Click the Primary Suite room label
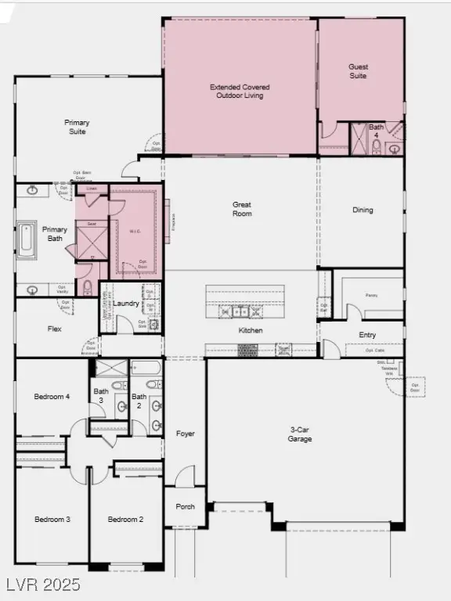click(x=77, y=127)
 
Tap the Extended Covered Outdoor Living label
click(x=236, y=91)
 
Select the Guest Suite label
click(x=359, y=72)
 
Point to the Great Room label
click(x=242, y=209)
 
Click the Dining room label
click(x=363, y=210)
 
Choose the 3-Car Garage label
click(x=300, y=434)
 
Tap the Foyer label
click(x=186, y=434)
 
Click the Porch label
click(x=186, y=506)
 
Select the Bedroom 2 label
click(x=125, y=520)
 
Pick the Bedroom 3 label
click(x=52, y=520)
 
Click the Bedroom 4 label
click(x=52, y=397)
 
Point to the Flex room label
click(x=55, y=329)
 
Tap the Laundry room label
click(x=126, y=304)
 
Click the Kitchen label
click(x=251, y=330)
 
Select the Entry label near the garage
click(x=367, y=335)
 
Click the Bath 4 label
click(x=377, y=131)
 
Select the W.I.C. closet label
click(x=135, y=232)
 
